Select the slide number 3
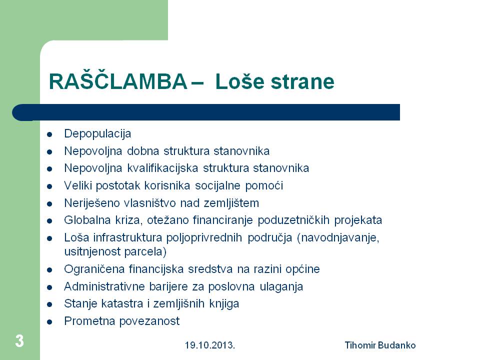click(19, 341)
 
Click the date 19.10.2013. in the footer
click(209, 345)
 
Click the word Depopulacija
click(97, 134)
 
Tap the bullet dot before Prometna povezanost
click(49, 322)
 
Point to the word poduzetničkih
click(293, 220)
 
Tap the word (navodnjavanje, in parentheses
click(338, 238)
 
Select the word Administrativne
click(104, 286)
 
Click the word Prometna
click(89, 321)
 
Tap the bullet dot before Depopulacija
click(49, 134)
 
